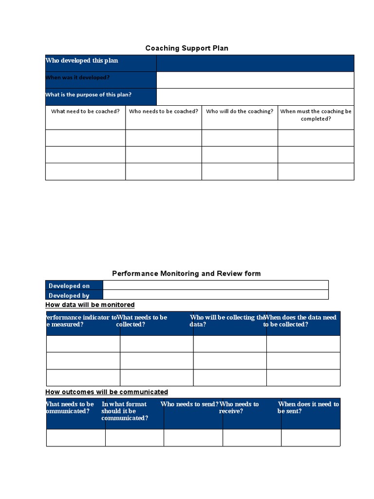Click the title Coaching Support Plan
point(187,48)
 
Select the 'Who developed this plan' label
point(82,61)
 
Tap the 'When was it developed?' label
point(77,78)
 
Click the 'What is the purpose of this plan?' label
point(88,95)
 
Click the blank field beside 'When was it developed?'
point(255,80)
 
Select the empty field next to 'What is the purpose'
point(255,97)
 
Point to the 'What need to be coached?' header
point(85,112)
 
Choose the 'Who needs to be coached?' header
point(164,112)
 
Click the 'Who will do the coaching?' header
point(240,112)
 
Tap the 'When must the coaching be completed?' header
point(316,115)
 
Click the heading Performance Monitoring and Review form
point(187,274)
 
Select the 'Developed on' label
point(69,286)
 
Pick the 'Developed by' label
point(69,295)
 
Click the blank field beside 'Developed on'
point(216,285)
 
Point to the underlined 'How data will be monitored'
point(90,305)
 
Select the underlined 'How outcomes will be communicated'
point(107,392)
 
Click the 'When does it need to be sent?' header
point(309,407)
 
